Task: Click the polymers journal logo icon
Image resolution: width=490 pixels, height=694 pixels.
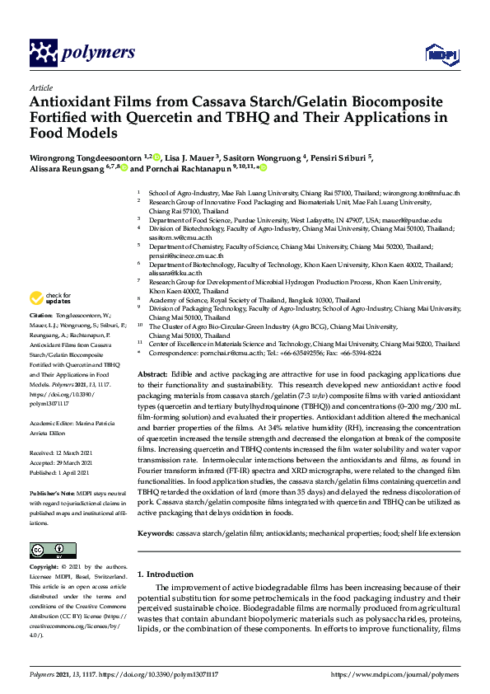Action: [42, 53]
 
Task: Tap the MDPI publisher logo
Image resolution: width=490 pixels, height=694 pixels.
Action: [436, 54]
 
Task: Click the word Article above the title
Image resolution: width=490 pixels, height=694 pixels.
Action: [40, 87]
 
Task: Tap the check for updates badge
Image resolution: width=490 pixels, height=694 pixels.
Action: [52, 298]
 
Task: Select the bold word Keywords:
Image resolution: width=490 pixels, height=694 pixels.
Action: [156, 511]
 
